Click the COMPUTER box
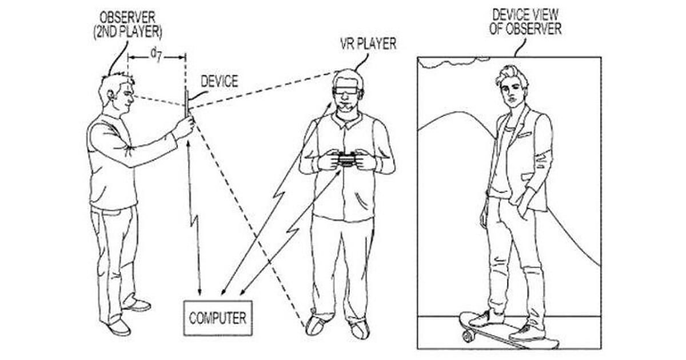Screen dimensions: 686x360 click(218, 318)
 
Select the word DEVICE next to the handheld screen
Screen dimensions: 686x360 click(220, 81)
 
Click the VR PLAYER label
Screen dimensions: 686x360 click(368, 44)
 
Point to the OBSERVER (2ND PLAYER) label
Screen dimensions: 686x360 click(127, 25)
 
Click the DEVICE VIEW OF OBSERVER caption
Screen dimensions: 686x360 click(525, 22)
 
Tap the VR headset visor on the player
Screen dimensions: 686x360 click(346, 91)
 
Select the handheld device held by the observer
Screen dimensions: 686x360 click(186, 104)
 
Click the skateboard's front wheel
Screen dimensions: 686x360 click(468, 336)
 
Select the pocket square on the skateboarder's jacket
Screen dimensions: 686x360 click(525, 134)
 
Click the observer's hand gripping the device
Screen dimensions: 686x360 click(184, 126)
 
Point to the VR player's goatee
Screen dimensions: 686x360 click(346, 108)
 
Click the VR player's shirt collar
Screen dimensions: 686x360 click(347, 119)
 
